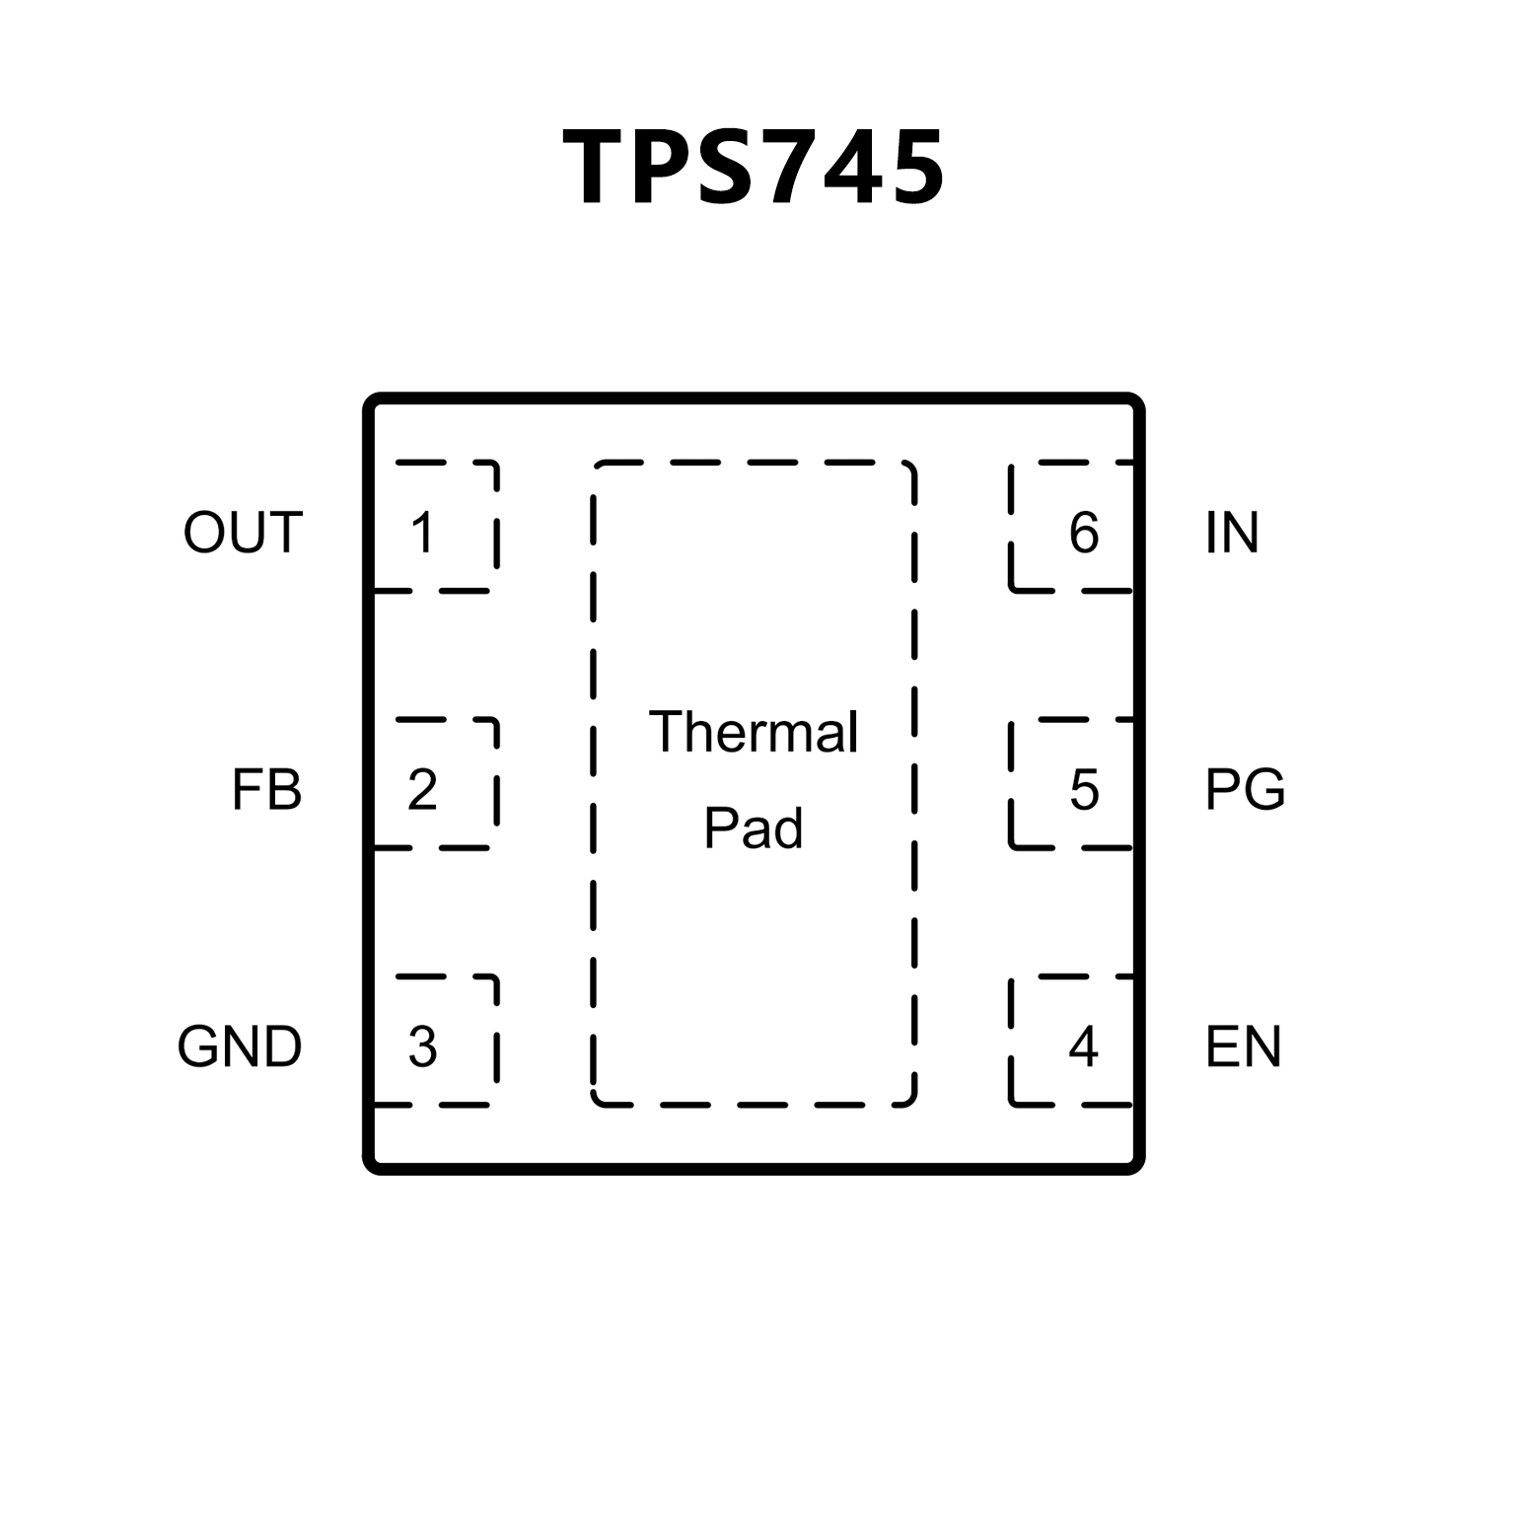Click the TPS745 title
pos(755,168)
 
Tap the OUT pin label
pos(243,533)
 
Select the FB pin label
pos(266,790)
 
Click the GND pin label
pos(240,1046)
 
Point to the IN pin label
pos(1232,533)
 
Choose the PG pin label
pos(1246,790)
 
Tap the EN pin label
pos(1243,1046)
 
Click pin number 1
pos(422,533)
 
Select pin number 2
pos(422,790)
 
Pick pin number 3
pos(422,1046)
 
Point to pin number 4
pos(1083,1046)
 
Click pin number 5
pos(1084,790)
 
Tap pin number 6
pos(1084,533)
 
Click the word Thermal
pos(754,732)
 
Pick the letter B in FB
pos(285,790)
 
